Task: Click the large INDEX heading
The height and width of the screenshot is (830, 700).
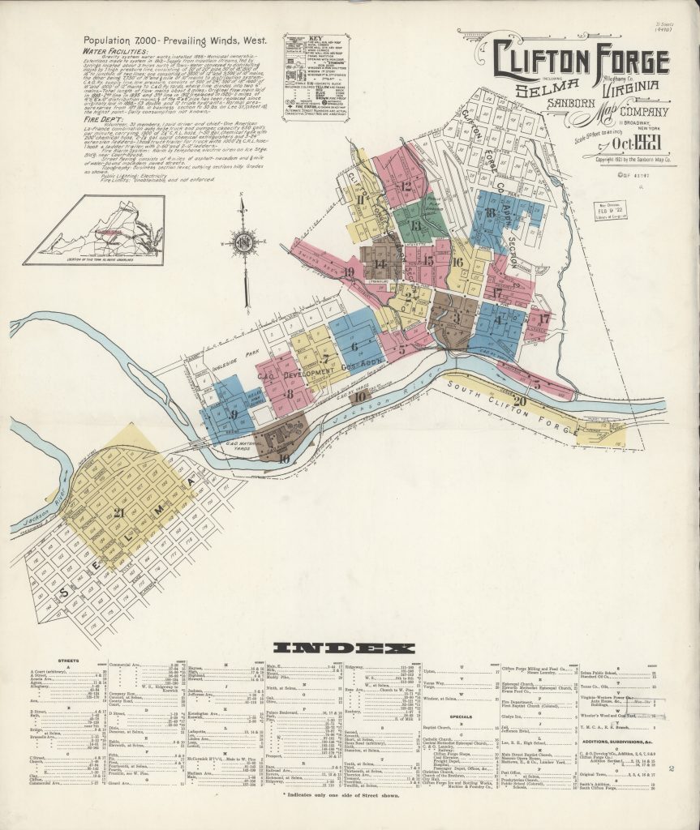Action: tap(344, 648)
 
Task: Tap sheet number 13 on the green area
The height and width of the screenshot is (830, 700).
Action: tap(416, 225)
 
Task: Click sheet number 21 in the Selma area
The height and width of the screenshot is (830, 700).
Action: tap(119, 512)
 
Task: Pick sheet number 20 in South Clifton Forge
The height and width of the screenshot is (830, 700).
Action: tap(519, 400)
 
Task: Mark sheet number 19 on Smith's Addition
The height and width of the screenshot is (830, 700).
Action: tap(350, 272)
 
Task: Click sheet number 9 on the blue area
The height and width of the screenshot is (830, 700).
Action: tap(234, 413)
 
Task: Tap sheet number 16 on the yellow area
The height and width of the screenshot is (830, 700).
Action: tap(457, 262)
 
